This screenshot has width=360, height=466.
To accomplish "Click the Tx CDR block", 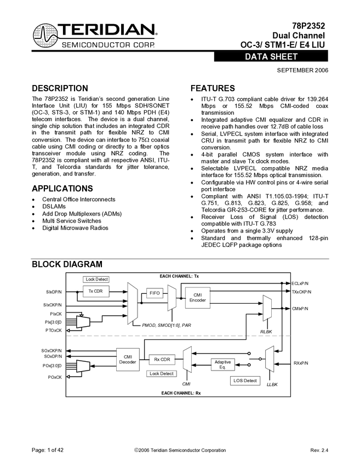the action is click(96, 291).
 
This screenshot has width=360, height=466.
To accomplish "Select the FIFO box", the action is click(155, 293).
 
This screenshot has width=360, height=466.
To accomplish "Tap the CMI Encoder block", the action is click(198, 298).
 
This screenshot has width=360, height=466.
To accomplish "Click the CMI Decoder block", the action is click(128, 359).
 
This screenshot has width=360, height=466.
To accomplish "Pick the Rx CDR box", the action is click(162, 360).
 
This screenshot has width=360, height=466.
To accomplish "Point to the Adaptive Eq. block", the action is click(222, 365).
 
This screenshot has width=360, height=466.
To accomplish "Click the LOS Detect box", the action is click(245, 380).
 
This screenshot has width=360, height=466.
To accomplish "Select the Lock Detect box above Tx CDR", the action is click(96, 280).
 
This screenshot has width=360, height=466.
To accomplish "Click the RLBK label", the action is click(266, 331).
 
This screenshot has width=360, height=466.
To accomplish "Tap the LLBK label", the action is click(272, 384).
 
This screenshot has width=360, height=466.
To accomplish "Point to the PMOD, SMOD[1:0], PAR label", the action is click(167, 325).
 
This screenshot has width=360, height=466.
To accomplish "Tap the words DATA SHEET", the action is click(271, 57).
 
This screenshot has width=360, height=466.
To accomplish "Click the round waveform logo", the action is click(45, 36).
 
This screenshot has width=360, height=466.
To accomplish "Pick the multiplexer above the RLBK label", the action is click(267, 308).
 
